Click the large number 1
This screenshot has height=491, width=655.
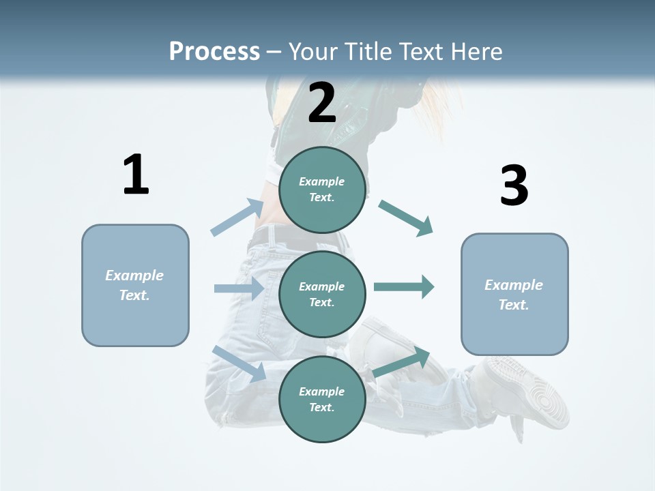pos(136,175)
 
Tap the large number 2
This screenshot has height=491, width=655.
pos(322,103)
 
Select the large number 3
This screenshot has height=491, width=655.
pos(514,185)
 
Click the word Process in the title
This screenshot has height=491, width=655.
pos(214,51)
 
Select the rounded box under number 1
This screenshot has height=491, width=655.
pos(135,285)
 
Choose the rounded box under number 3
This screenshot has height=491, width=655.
pos(514,294)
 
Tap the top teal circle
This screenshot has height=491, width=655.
pos(322,190)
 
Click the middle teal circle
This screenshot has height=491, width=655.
pos(322,294)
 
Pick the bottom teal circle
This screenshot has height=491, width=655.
pos(322,399)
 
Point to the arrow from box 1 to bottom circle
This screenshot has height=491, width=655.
pos(239,363)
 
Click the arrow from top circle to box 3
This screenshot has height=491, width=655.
pos(406,218)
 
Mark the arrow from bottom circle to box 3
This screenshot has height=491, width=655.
pos(402,362)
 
